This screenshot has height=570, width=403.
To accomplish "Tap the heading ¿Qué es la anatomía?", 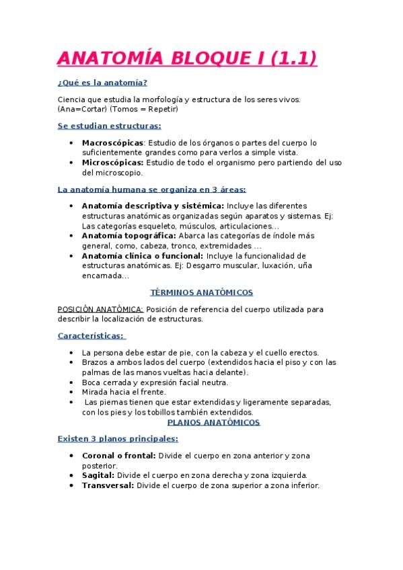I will click(102, 83).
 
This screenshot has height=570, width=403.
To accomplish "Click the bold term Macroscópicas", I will click(112, 142).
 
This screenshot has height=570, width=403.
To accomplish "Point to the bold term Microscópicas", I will click(112, 162).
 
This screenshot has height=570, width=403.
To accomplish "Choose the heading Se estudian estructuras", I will click(109, 126).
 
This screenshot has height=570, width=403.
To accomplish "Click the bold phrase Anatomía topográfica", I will click(129, 236).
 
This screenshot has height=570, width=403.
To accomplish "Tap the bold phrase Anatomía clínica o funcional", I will click(142, 255).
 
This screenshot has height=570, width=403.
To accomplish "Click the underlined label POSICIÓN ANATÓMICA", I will click(100, 309).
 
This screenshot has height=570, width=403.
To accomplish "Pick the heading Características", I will click(91, 335).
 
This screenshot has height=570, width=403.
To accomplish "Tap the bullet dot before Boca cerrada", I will click(71, 382).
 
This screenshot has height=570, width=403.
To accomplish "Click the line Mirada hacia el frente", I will click(123, 392).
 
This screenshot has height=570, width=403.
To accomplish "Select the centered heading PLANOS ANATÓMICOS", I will click(213, 422).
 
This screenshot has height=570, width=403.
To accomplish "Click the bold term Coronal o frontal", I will click(118, 455).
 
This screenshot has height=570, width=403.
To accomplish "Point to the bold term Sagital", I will click(98, 475).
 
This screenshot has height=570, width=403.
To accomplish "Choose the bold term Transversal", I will click(108, 485).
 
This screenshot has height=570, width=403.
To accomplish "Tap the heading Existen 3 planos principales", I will click(118, 439).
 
